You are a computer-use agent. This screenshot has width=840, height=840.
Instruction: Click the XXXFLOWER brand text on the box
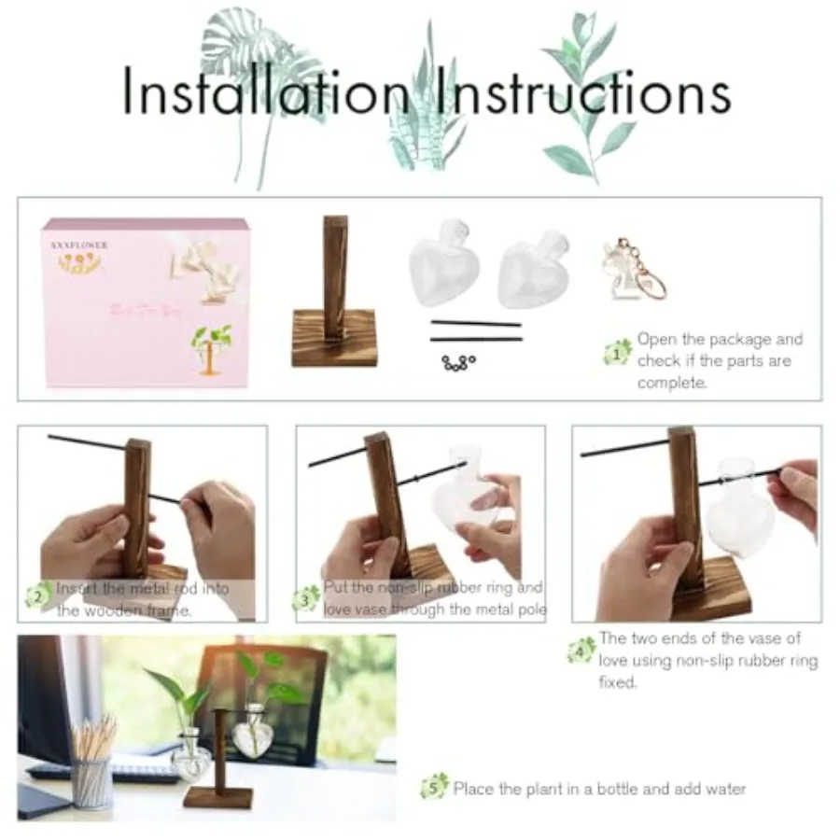tap(81, 245)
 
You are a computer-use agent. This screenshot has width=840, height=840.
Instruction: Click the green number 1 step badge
tap(618, 354)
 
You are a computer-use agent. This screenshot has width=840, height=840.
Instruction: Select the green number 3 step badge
tap(306, 598)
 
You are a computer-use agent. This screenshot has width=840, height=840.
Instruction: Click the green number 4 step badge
tap(581, 651)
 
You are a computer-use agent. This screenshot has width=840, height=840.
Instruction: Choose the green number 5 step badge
tap(434, 787)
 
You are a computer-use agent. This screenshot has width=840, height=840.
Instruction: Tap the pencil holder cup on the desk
tap(92, 781)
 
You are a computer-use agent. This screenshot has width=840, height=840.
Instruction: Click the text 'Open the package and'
tap(719, 339)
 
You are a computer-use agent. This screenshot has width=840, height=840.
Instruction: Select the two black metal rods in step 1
tap(476, 331)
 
